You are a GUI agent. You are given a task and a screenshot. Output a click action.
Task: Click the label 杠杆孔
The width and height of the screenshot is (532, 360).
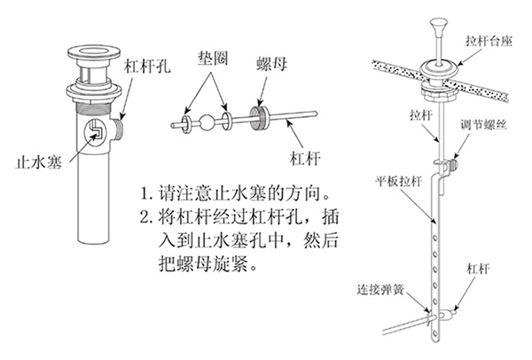point(147,66)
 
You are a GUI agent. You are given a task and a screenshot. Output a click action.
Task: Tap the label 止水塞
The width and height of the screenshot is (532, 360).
point(40,162)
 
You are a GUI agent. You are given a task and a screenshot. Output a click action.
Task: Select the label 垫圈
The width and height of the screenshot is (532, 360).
point(213,59)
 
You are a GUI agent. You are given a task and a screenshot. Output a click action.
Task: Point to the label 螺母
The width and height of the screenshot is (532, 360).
point(272,64)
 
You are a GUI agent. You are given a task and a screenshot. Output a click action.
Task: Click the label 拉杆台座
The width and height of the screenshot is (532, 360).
point(489,42)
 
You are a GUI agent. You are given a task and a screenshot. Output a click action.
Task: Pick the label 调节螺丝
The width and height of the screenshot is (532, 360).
point(483,124)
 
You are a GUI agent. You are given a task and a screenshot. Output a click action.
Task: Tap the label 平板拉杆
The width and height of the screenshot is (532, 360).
point(398,181)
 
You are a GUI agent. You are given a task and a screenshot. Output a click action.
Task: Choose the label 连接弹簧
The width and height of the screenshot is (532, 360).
point(380,290)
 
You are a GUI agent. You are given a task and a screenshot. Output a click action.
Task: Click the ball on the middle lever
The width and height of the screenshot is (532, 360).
point(207,122)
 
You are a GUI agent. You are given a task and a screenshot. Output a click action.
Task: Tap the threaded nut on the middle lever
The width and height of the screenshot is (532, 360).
point(260,117)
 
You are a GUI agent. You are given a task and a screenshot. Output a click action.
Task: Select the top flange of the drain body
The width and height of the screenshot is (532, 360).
point(94,52)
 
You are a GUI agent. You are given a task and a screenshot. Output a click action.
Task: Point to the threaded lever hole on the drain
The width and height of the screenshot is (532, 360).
point(118,130)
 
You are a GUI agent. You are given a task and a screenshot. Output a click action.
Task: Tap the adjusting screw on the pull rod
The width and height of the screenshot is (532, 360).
point(452,165)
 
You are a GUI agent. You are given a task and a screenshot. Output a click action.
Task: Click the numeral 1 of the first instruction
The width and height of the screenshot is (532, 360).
point(145,194)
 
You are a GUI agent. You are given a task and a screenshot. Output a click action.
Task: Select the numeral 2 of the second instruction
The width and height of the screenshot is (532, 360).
point(145,217)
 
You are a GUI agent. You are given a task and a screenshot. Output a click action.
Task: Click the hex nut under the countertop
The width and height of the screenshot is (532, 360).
point(439,90)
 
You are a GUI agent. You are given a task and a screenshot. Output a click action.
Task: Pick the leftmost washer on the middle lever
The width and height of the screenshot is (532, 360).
point(186,124)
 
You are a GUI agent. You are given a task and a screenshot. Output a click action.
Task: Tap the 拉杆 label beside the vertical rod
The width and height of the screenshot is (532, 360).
point(420,115)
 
